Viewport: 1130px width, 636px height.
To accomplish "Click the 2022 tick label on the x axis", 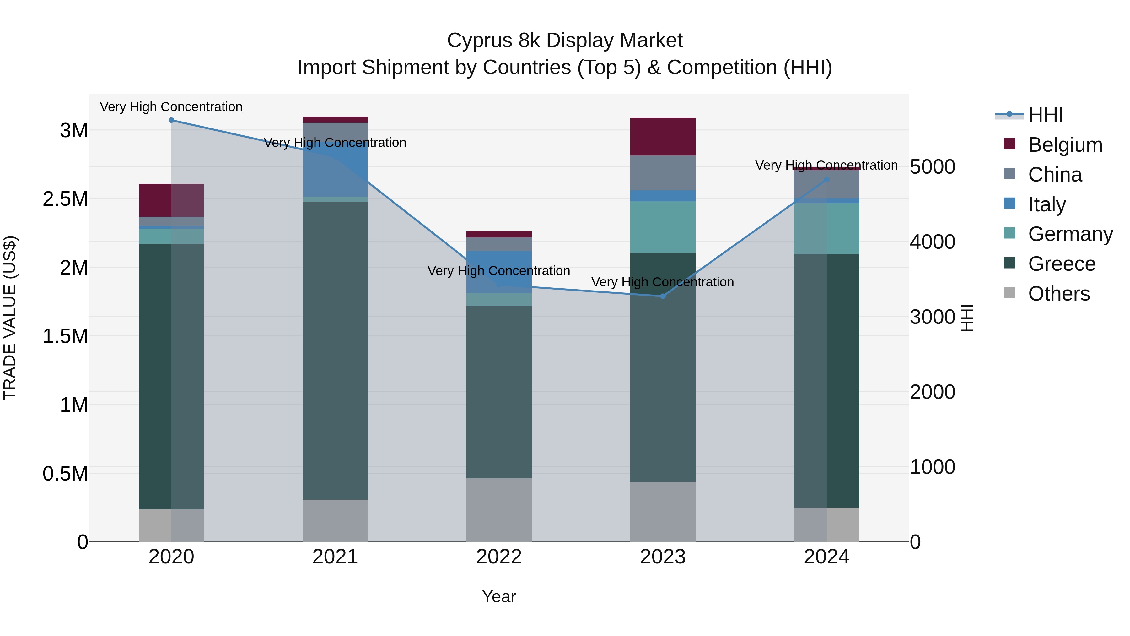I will (x=499, y=557).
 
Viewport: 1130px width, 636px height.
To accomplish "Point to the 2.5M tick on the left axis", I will (x=65, y=199).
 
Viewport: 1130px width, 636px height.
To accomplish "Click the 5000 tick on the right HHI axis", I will (x=932, y=167).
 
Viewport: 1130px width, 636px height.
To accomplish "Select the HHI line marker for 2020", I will (x=171, y=120).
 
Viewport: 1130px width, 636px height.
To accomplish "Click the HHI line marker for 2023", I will (x=663, y=296).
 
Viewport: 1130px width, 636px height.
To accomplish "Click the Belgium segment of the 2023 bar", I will (x=663, y=137).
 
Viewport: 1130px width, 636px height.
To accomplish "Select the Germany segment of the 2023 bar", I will (x=663, y=227).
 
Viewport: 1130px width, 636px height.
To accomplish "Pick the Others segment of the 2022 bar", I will (x=499, y=510).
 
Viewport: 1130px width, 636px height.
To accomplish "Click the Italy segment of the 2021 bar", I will (x=335, y=176).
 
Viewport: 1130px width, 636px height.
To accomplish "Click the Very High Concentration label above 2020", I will (x=171, y=107).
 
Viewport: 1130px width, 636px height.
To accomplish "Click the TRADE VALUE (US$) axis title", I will (x=10, y=318).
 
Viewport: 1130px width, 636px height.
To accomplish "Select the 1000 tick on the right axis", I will (x=932, y=467).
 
